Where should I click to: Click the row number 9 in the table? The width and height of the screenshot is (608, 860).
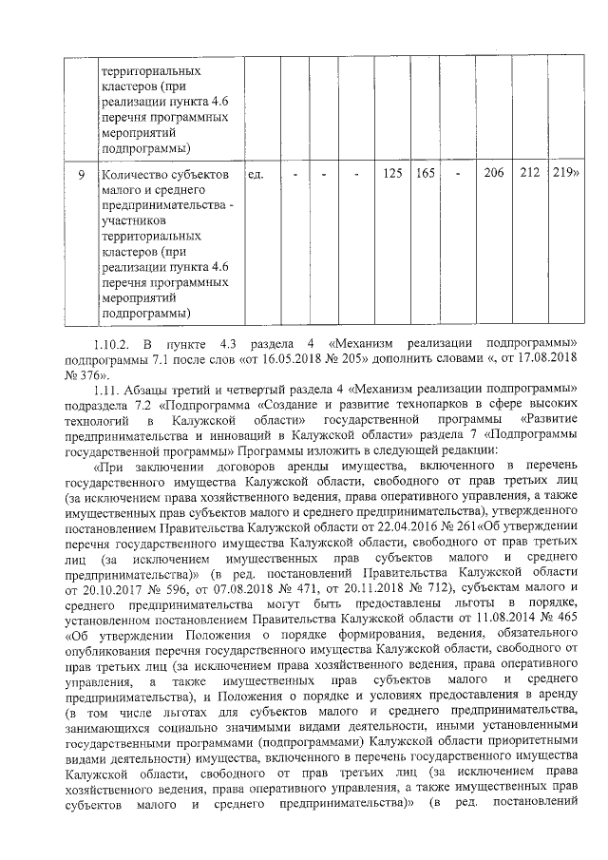click(82, 175)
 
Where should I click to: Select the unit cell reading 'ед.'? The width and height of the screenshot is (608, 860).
click(255, 175)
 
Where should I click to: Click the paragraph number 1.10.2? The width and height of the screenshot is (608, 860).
click(116, 342)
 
